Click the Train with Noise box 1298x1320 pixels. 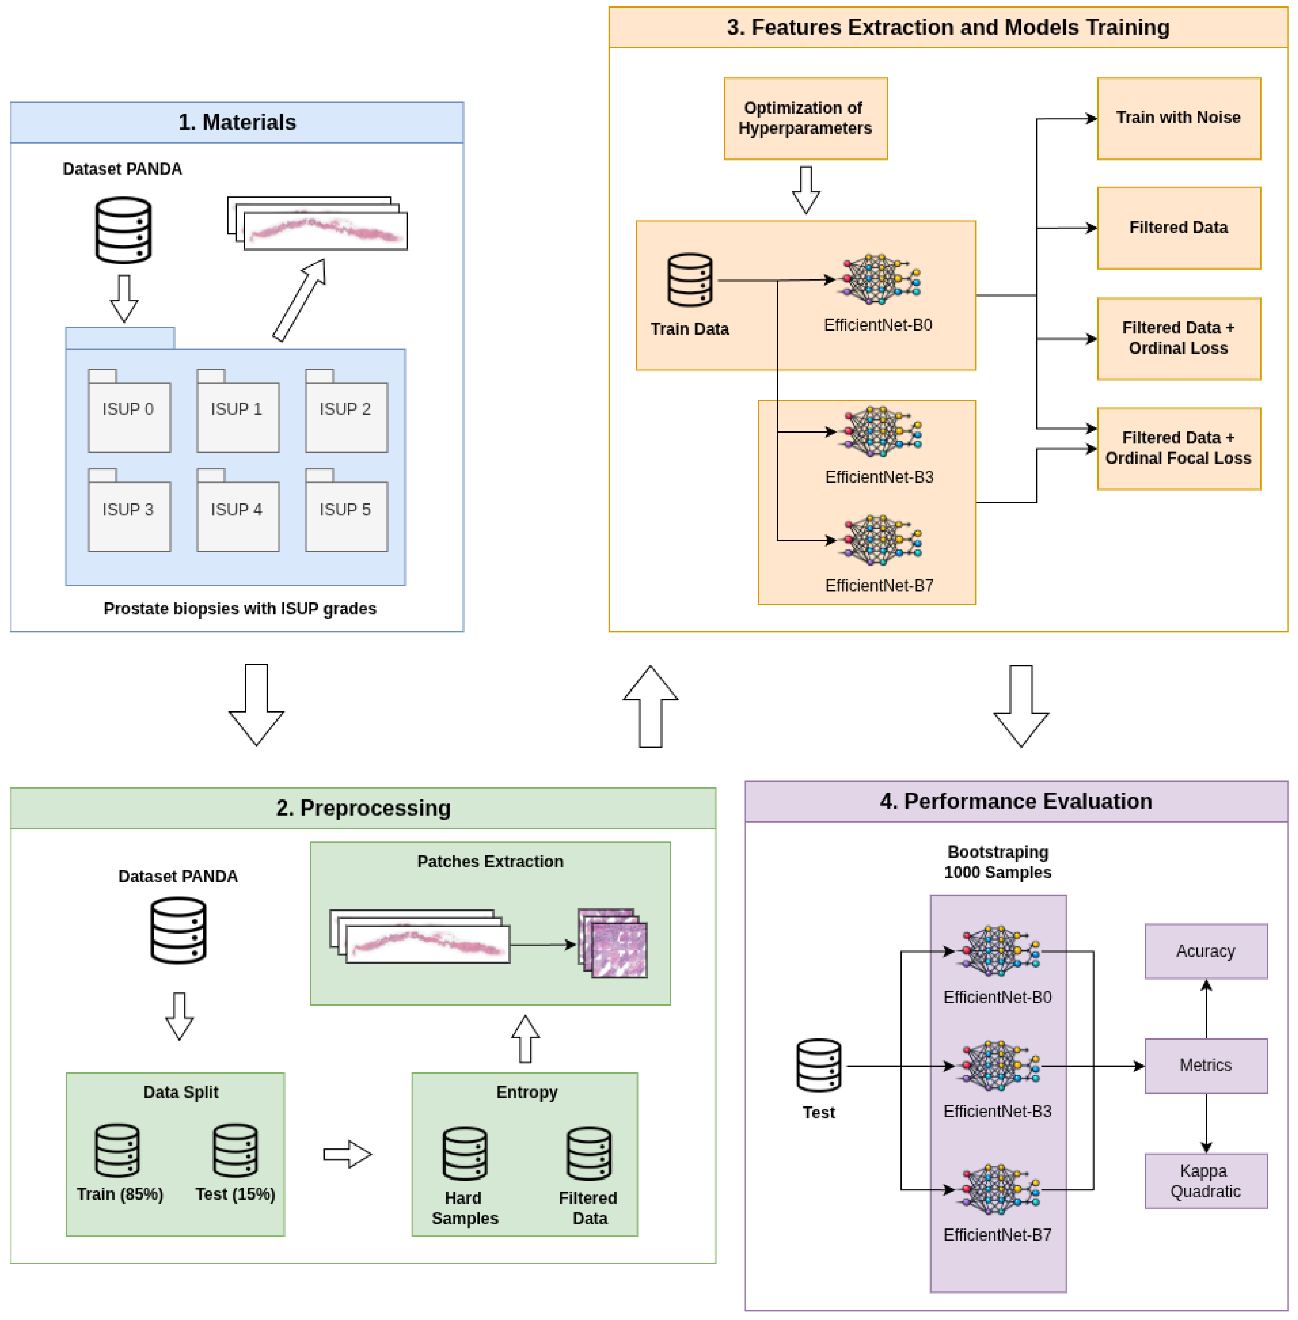(x=1179, y=119)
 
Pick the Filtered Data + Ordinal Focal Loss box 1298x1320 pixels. (x=1179, y=449)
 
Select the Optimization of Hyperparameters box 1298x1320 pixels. (x=806, y=119)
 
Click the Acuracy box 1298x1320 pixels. (x=1206, y=951)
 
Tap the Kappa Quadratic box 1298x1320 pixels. (x=1206, y=1181)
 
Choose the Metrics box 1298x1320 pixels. (x=1206, y=1066)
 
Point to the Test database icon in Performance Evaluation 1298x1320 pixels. (x=819, y=1065)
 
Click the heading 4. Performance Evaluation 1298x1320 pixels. (x=1016, y=801)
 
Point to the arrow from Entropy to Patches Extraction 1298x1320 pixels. (x=525, y=1038)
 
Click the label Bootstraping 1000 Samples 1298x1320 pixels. (x=997, y=862)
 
